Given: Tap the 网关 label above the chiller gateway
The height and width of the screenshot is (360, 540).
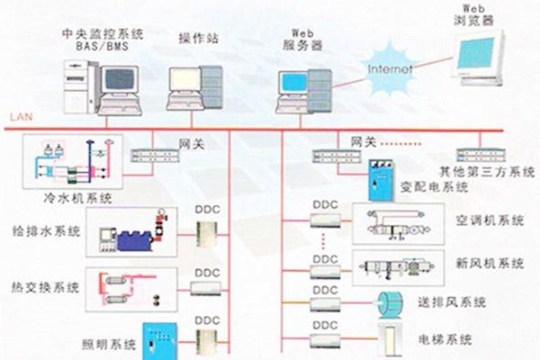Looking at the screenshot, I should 188,142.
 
